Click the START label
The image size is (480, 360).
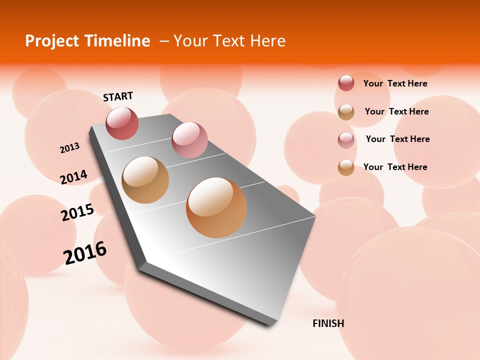tap(118, 96)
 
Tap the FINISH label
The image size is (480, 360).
tap(328, 323)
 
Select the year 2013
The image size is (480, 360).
tap(70, 148)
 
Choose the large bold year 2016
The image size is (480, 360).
tap(85, 253)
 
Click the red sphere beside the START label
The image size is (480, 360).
tap(122, 123)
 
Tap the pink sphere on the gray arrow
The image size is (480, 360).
tap(189, 140)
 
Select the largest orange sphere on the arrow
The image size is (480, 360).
tap(216, 207)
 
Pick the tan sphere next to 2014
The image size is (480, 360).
tap(145, 180)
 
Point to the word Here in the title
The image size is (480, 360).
tap(267, 41)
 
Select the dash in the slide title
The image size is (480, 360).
tap(164, 41)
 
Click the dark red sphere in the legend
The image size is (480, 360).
tap(346, 83)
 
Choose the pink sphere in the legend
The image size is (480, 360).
tap(346, 139)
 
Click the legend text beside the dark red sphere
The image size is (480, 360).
tap(395, 83)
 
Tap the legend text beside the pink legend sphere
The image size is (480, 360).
tap(397, 139)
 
